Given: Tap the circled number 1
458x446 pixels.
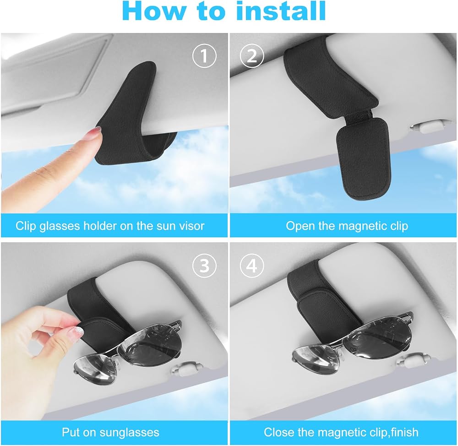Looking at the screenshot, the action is (204, 55).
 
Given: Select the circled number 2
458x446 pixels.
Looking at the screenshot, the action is (252, 55).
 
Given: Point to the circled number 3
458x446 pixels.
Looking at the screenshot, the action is (204, 266).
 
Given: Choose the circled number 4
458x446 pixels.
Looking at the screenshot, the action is (252, 266).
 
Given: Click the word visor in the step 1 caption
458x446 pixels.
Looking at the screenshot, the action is (191, 226).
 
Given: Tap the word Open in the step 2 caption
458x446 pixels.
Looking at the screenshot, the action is (298, 226).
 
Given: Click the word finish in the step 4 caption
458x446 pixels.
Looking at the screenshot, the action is (405, 432).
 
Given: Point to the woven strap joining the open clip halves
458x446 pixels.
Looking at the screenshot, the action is (359, 114).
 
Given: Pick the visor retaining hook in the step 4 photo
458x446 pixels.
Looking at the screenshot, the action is (414, 360).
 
